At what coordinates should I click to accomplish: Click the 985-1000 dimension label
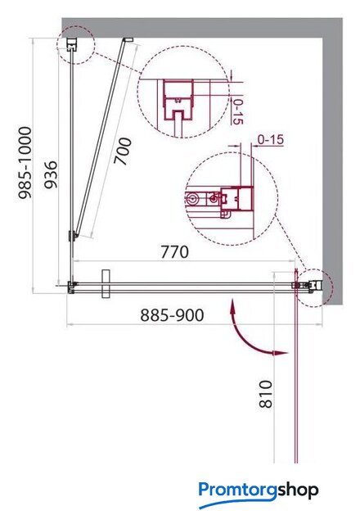pyautogui.click(x=25, y=163)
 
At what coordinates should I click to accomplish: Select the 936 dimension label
pyautogui.click(x=51, y=174)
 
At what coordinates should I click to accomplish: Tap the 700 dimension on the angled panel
pyautogui.click(x=123, y=151)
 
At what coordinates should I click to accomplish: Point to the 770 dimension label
pyautogui.click(x=174, y=252)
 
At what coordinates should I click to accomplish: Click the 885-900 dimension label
pyautogui.click(x=172, y=315)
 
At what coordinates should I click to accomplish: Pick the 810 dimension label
pyautogui.click(x=266, y=394)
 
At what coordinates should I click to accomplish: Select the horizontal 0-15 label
pyautogui.click(x=271, y=140)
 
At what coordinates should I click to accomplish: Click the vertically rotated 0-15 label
pyautogui.click(x=236, y=111)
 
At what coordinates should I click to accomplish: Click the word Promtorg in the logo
pyautogui.click(x=238, y=490)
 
